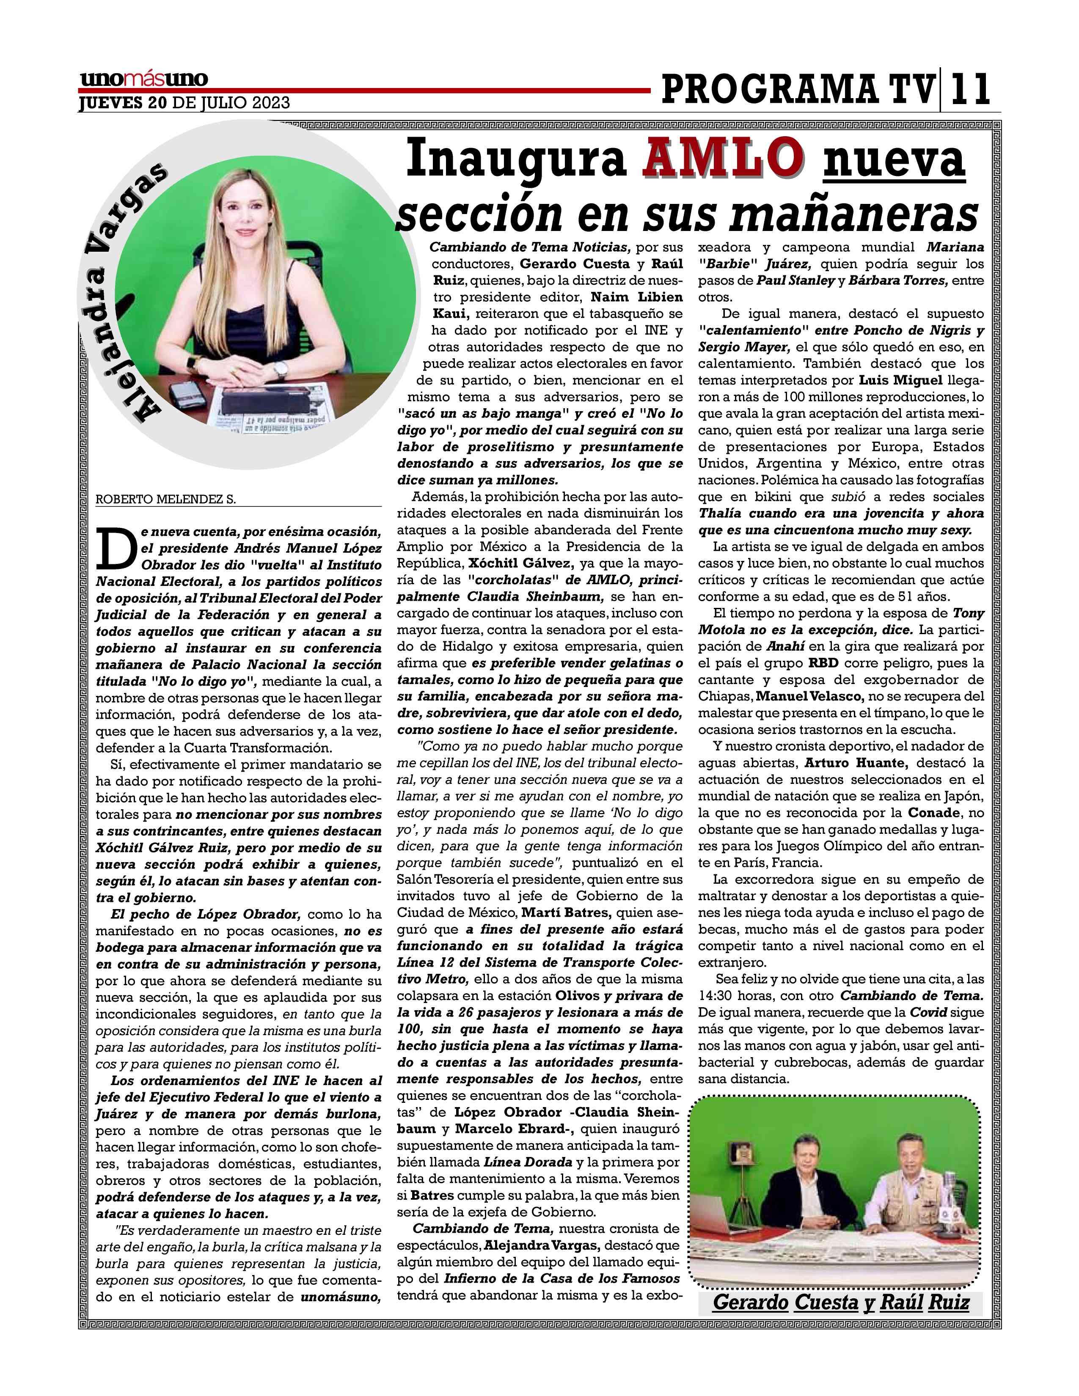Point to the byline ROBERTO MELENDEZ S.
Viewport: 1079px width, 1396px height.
click(165, 500)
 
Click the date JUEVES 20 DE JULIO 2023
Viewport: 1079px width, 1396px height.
click(184, 103)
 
